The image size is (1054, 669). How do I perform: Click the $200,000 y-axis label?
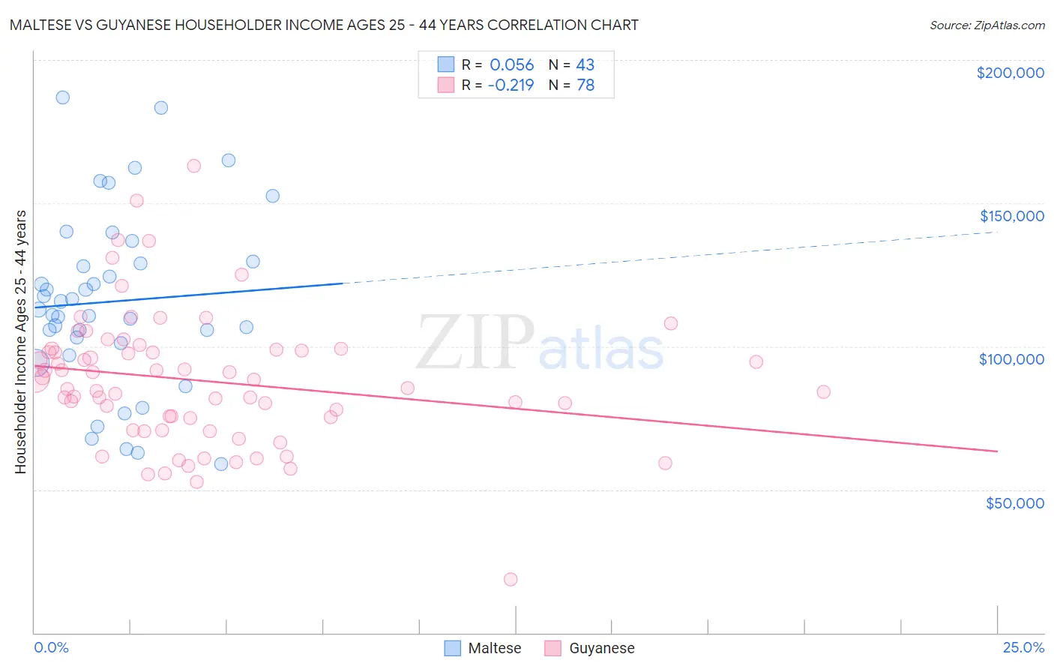point(1010,73)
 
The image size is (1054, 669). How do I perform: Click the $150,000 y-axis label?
point(1011,216)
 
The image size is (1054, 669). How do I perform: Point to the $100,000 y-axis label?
point(1011,359)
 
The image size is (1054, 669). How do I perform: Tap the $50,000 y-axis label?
point(1014,503)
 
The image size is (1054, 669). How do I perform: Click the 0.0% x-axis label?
point(51,647)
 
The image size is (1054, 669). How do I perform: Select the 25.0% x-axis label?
point(1023,647)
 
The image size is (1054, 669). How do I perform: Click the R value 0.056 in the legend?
point(511,65)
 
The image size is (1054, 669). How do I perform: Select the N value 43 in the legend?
point(585,65)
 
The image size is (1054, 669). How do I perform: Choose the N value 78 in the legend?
point(585,85)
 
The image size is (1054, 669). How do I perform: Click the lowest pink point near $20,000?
point(511,579)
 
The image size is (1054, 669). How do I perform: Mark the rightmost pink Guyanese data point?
point(823,391)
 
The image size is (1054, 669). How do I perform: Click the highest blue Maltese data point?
point(63,97)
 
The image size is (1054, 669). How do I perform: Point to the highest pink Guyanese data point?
point(193,166)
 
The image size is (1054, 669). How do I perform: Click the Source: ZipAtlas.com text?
point(987,25)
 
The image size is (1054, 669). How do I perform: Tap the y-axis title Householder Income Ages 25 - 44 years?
point(20,342)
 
